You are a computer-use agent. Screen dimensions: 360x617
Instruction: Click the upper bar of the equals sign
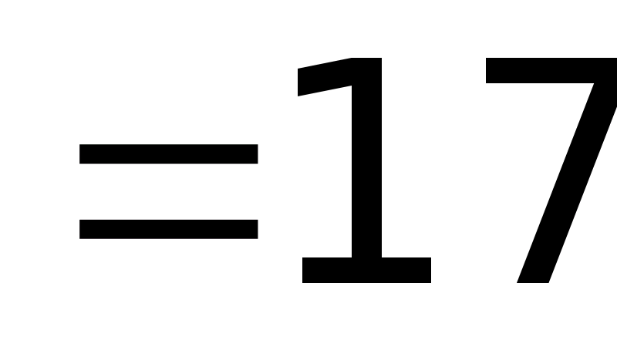(x=169, y=154)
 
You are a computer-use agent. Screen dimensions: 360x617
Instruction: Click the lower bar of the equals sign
(x=169, y=229)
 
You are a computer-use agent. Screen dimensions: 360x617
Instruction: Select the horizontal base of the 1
(x=366, y=271)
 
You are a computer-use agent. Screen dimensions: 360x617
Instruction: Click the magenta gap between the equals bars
(x=169, y=192)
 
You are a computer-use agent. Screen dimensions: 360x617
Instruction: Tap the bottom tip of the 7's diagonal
(x=533, y=279)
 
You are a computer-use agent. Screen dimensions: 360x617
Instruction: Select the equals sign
(x=169, y=192)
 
